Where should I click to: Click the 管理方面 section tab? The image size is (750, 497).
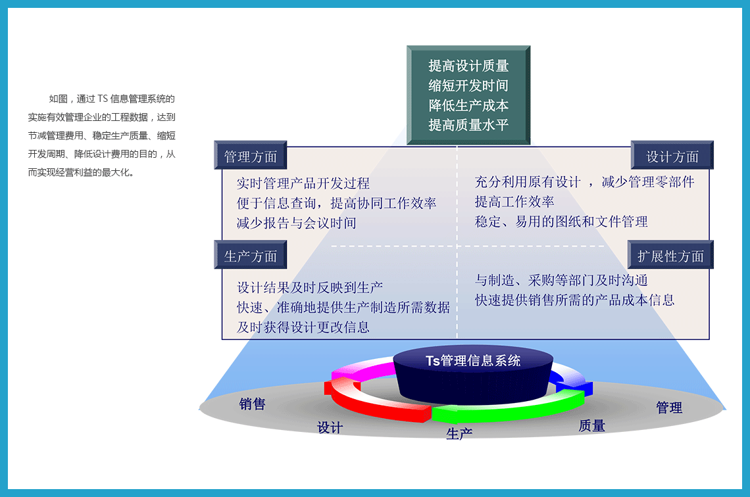click(250, 155)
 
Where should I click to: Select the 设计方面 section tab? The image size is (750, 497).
click(672, 155)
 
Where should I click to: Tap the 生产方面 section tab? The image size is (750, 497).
click(250, 255)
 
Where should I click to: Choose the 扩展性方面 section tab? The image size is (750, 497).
click(670, 255)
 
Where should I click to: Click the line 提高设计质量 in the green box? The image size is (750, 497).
click(468, 66)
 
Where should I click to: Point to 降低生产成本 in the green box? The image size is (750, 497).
click(468, 105)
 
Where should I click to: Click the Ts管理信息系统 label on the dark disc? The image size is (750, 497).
click(473, 360)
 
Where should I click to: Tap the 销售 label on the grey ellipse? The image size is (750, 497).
click(253, 404)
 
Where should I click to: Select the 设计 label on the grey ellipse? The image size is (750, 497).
click(330, 427)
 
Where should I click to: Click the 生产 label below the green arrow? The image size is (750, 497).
click(459, 433)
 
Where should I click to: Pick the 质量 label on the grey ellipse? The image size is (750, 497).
click(592, 425)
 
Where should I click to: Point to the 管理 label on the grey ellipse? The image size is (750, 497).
click(669, 407)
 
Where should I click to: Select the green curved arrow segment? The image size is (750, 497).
click(507, 407)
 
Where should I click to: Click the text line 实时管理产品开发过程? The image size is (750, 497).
click(303, 183)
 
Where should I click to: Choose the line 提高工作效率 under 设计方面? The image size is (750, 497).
click(514, 202)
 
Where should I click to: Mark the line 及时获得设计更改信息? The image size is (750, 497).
click(303, 327)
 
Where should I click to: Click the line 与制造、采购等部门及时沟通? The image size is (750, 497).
click(561, 280)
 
